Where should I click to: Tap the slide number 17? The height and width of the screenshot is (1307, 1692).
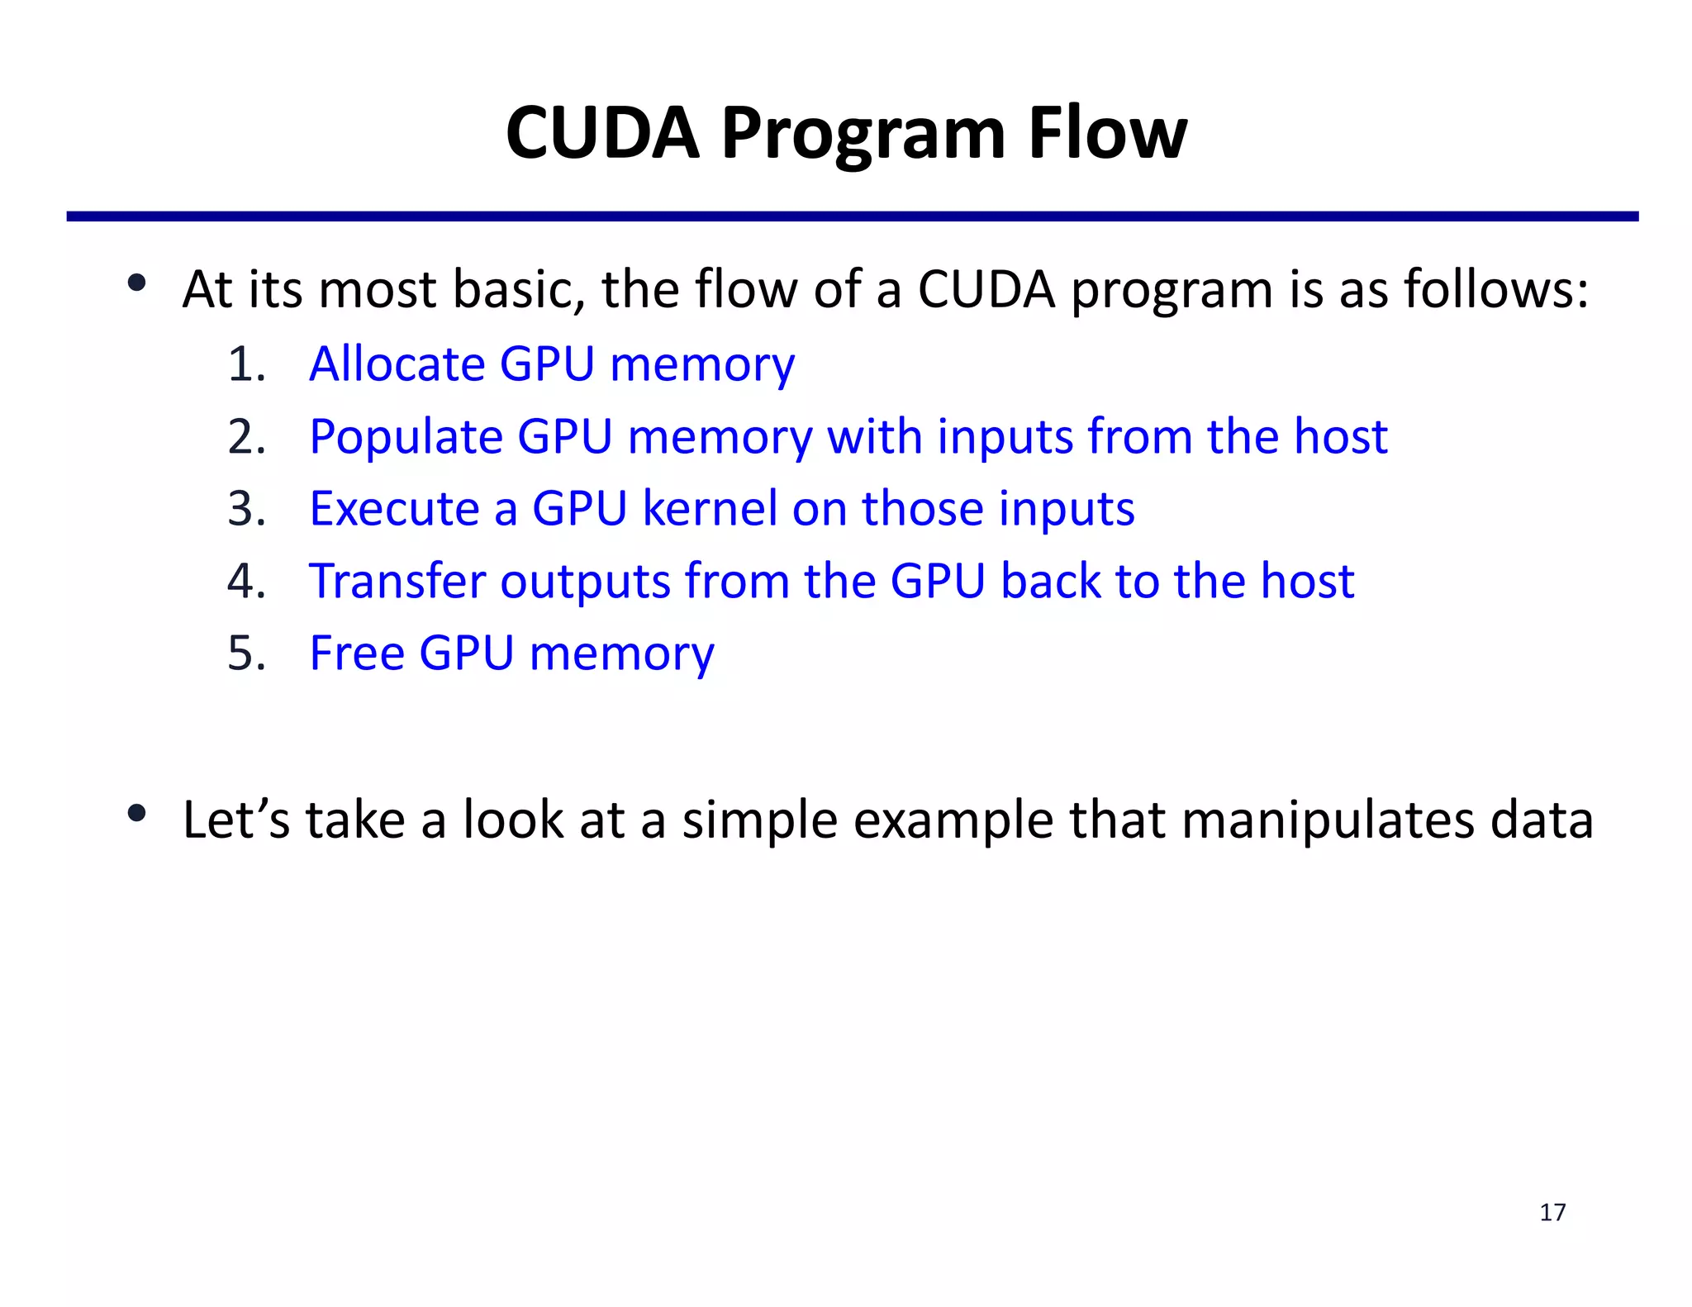coord(1552,1212)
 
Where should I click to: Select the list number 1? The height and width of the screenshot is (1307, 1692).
coord(245,364)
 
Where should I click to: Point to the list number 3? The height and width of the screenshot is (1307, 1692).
coord(245,508)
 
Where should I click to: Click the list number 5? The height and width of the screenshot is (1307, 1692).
coord(245,653)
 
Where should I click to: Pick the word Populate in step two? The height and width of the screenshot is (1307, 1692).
coord(406,436)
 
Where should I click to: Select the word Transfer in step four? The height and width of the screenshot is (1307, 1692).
coord(397,580)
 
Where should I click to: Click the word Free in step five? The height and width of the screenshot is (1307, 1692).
coord(356,653)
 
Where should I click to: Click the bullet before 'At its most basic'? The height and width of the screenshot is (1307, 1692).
coord(137,283)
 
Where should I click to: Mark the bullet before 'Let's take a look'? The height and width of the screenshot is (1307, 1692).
coord(137,814)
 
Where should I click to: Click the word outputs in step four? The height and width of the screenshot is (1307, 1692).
coord(585,582)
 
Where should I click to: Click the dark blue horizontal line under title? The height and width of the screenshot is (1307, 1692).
coord(851,216)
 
